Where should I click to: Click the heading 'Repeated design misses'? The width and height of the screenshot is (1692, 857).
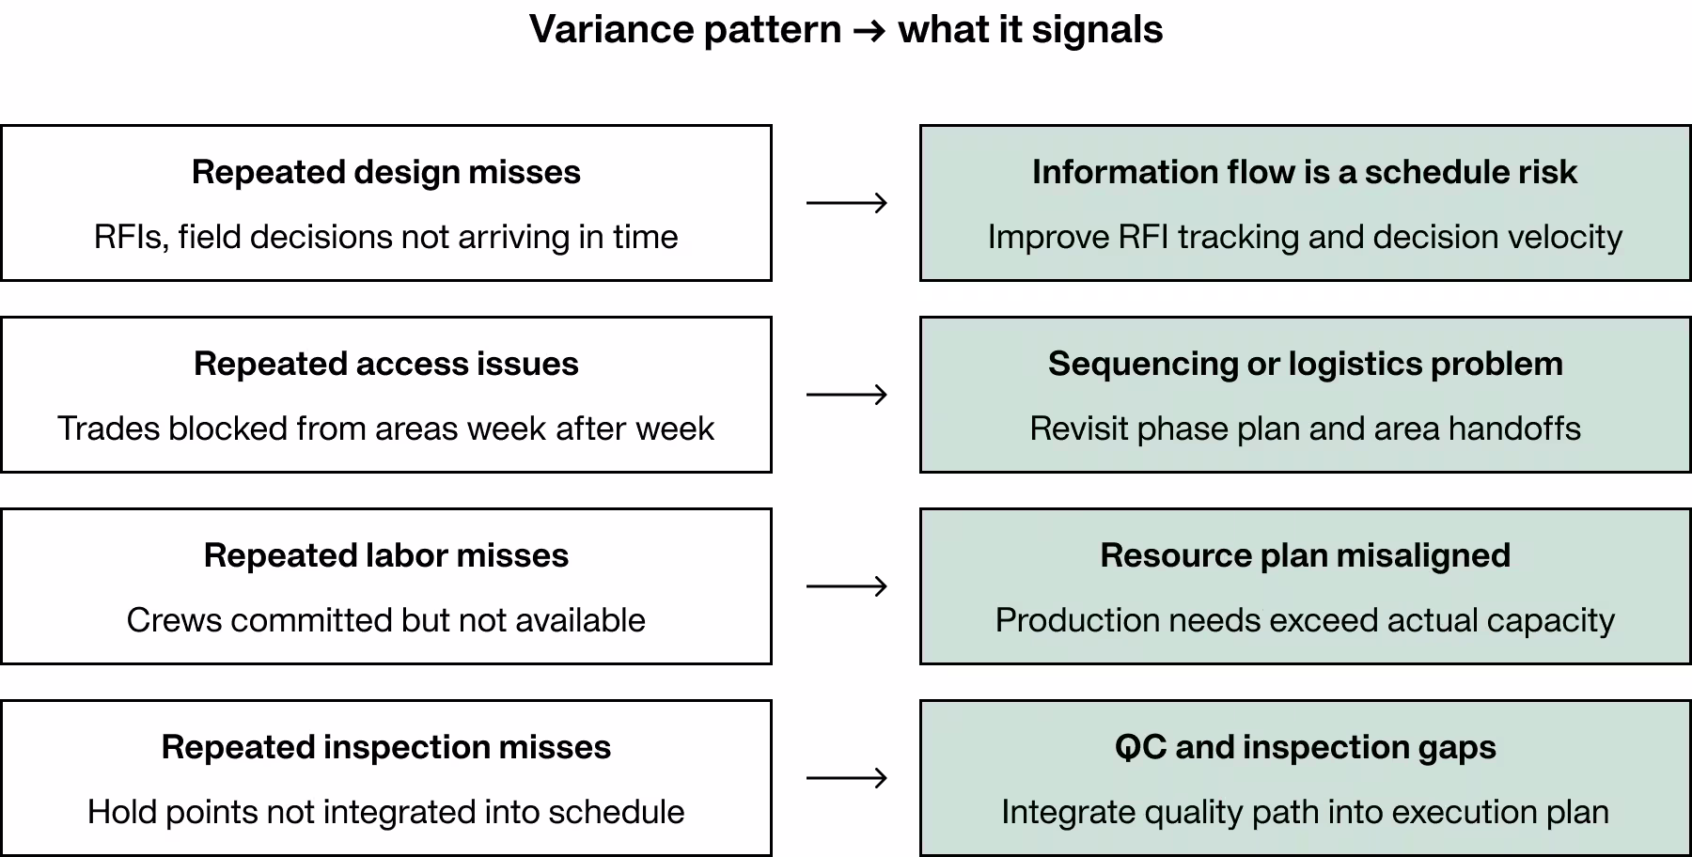385,172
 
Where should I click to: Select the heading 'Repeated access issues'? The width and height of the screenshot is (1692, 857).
385,364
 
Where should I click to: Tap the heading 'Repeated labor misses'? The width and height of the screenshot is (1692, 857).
385,555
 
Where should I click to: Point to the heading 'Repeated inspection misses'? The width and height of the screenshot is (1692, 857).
385,747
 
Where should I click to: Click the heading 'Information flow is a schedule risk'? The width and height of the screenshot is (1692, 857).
1305,172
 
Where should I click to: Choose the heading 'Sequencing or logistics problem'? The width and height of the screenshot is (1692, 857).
1305,364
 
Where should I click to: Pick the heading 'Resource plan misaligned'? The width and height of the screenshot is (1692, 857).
1305,555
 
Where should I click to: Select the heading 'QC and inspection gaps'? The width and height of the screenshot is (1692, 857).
1305,747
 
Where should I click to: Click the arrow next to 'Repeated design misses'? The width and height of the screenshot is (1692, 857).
846,203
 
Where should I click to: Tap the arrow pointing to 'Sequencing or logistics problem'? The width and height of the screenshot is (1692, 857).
846,395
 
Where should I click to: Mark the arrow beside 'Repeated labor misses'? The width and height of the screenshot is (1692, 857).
846,586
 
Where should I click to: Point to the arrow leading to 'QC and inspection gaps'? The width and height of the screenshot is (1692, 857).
846,778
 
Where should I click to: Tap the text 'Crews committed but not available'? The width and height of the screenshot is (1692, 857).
385,620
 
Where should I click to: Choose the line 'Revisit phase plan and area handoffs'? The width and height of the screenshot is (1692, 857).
1305,428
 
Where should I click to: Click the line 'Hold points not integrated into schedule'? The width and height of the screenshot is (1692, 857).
385,812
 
